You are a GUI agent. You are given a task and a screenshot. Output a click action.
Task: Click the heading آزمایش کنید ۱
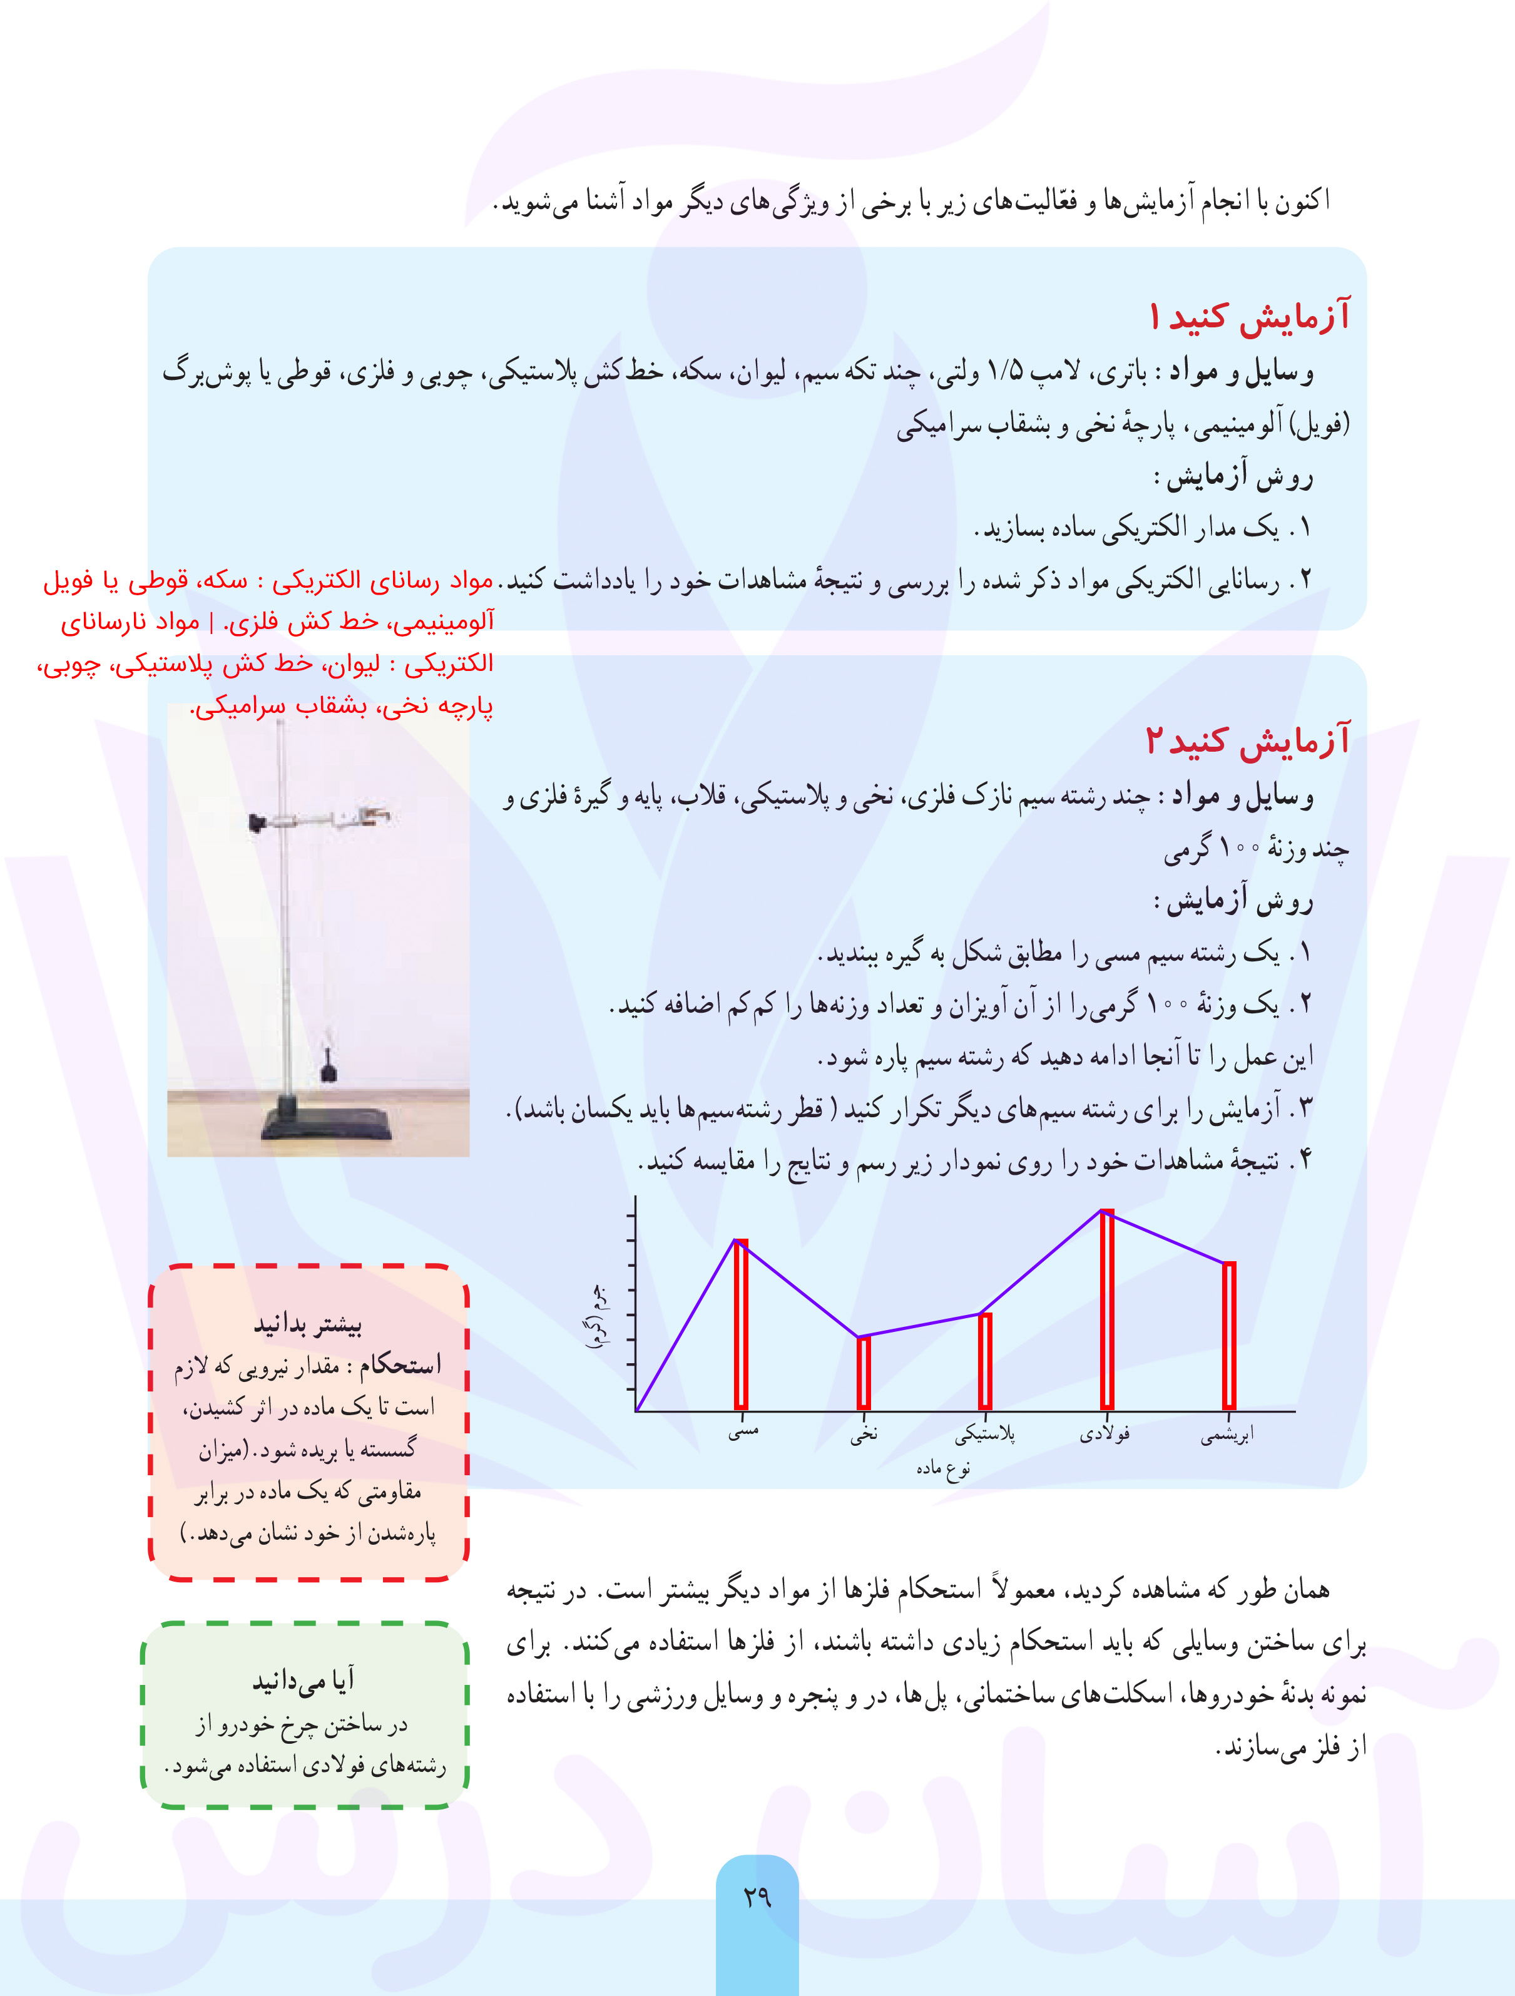coord(1249,317)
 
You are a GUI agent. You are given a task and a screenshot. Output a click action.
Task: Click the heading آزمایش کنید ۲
coord(1247,740)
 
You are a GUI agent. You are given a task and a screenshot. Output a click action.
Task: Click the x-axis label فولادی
coord(1105,1434)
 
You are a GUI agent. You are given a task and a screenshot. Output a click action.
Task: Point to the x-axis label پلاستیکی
coord(986,1434)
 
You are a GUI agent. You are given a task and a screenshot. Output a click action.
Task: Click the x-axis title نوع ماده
coord(943,1469)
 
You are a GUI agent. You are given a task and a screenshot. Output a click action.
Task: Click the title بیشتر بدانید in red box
coord(308,1324)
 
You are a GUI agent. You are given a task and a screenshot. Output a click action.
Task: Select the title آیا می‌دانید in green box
coord(304,1679)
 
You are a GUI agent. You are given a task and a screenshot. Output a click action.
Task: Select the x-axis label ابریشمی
coord(1227,1434)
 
